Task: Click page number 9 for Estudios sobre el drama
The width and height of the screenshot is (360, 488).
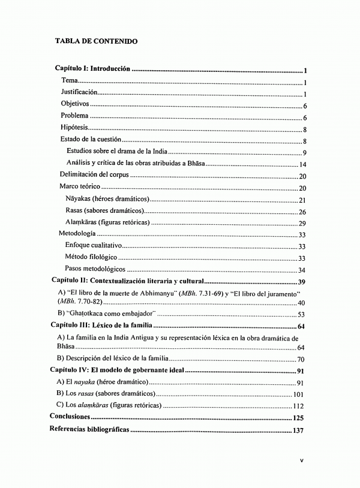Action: point(305,152)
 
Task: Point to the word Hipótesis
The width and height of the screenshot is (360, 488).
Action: point(74,128)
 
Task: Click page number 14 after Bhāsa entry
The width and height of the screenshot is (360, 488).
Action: point(303,164)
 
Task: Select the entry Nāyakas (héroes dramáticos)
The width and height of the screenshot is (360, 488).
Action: point(107,199)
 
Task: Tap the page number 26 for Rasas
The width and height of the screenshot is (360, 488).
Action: point(302,211)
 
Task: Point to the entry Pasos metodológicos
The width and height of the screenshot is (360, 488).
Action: point(95,270)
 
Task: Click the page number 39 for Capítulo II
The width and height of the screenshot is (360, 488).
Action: point(302,281)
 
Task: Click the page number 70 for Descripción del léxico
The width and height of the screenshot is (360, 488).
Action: point(301,359)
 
